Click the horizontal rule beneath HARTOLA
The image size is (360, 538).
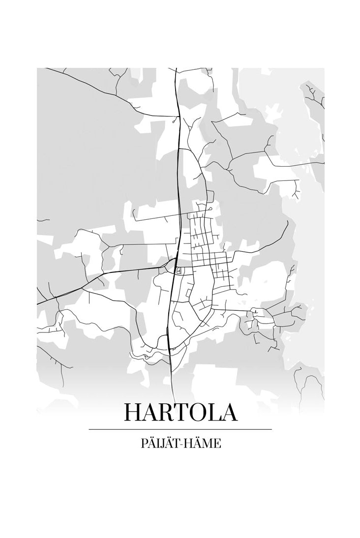pos(180,429)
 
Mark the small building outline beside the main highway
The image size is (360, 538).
pos(179,270)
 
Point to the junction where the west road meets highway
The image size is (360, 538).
pos(172,266)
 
